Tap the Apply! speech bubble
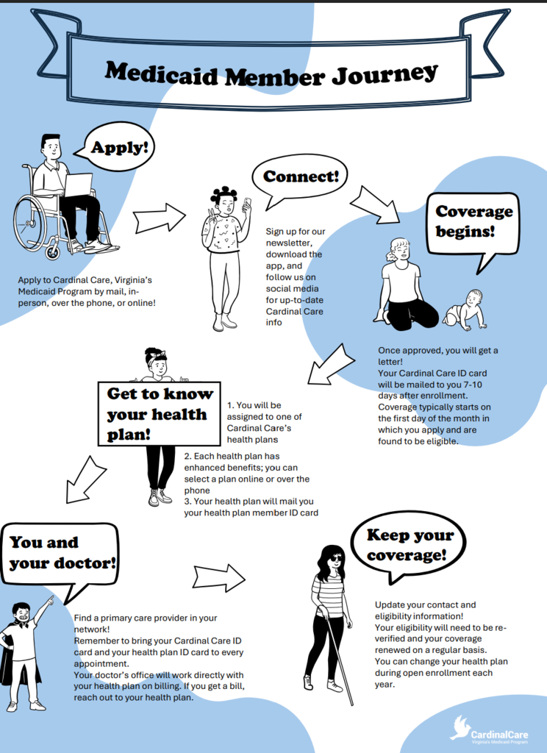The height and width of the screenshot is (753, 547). click(119, 148)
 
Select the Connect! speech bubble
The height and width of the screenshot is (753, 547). click(300, 177)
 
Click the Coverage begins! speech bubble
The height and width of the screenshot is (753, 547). click(473, 221)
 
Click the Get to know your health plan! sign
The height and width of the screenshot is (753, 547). click(160, 414)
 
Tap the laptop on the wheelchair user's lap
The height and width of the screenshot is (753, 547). click(77, 185)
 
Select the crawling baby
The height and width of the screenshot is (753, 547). click(466, 310)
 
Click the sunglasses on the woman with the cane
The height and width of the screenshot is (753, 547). click(335, 558)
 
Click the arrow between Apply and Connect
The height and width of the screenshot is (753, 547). click(159, 218)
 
